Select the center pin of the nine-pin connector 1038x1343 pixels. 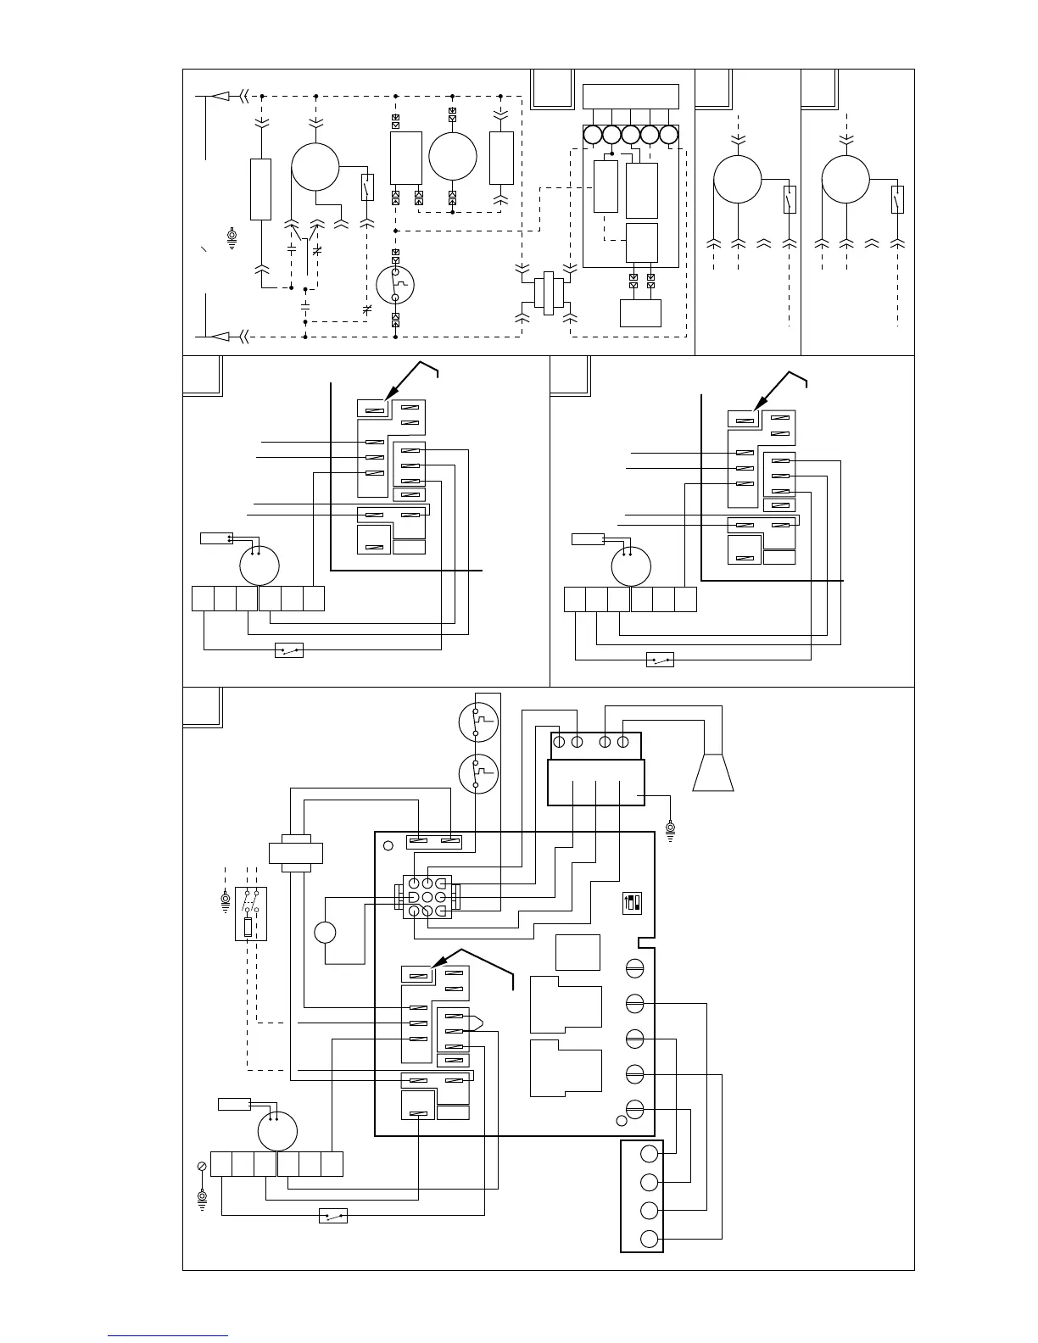click(427, 897)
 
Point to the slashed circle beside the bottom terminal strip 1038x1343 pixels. click(202, 1167)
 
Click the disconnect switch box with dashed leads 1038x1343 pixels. click(250, 913)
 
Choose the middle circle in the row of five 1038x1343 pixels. click(630, 135)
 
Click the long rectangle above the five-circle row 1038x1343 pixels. click(631, 96)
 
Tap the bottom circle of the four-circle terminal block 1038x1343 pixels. click(650, 1239)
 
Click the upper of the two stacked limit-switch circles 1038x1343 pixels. click(478, 722)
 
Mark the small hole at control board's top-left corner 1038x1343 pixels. click(388, 845)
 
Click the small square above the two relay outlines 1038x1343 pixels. click(578, 952)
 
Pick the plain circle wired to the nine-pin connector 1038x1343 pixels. click(325, 933)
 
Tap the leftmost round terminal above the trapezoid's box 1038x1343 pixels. click(559, 743)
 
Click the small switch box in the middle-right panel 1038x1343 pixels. click(660, 660)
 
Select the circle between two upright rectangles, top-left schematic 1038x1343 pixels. click(453, 157)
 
